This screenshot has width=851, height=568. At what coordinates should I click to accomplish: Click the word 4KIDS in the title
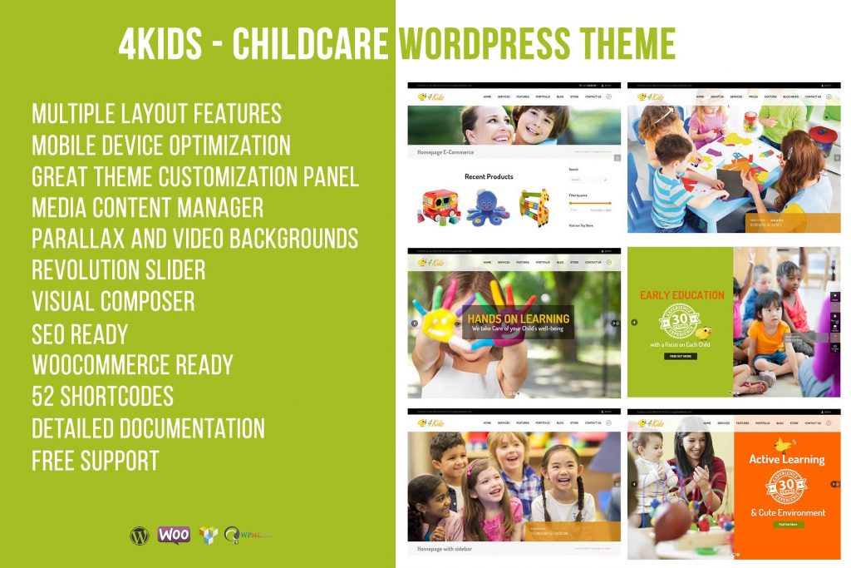click(x=160, y=45)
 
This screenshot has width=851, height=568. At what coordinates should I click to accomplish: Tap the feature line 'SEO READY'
click(x=80, y=334)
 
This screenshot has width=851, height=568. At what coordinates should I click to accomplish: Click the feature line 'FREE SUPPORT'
click(x=96, y=460)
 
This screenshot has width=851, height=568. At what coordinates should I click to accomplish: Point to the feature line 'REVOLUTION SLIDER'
click(x=119, y=269)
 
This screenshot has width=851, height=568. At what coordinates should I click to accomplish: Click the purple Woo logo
click(x=174, y=535)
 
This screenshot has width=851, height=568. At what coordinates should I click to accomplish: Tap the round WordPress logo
click(x=140, y=536)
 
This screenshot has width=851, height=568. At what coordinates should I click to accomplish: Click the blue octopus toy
click(x=485, y=208)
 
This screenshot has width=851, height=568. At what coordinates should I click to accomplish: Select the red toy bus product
click(x=441, y=207)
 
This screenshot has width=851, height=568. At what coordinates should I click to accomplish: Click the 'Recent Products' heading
click(x=489, y=176)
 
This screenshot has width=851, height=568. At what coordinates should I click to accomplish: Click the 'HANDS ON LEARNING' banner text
click(x=518, y=318)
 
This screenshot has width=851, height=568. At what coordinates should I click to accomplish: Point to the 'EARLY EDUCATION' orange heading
click(x=681, y=295)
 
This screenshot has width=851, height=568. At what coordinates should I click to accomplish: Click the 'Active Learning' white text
click(x=786, y=459)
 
